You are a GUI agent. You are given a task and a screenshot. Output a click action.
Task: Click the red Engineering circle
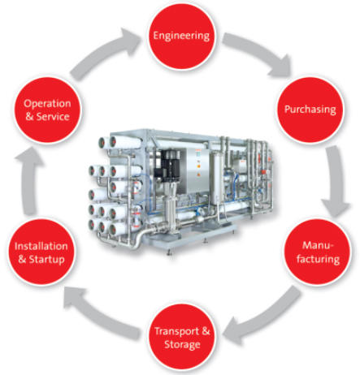coord(181,37)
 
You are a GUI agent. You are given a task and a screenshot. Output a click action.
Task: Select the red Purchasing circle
coord(310,110)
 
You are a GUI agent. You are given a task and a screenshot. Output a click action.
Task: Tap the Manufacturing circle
coord(318,252)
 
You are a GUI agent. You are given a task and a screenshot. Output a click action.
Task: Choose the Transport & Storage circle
coord(182,337)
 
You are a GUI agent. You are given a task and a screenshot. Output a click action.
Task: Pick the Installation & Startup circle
coord(41,252)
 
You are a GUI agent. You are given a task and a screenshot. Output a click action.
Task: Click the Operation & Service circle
coord(48,110)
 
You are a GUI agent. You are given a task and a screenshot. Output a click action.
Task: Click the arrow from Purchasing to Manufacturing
coord(336,181)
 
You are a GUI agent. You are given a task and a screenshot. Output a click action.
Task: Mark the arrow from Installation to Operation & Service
coord(29,180)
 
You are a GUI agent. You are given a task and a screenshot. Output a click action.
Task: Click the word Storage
coord(182,344)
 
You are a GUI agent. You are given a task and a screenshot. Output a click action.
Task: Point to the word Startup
coord(47,259)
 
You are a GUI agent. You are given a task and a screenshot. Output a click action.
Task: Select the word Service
coord(53,116)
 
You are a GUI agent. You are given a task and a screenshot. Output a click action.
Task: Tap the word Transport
coord(176,331)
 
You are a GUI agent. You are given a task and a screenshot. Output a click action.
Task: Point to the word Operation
coord(47,104)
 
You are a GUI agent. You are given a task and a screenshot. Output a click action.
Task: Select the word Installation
coord(41,246)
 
